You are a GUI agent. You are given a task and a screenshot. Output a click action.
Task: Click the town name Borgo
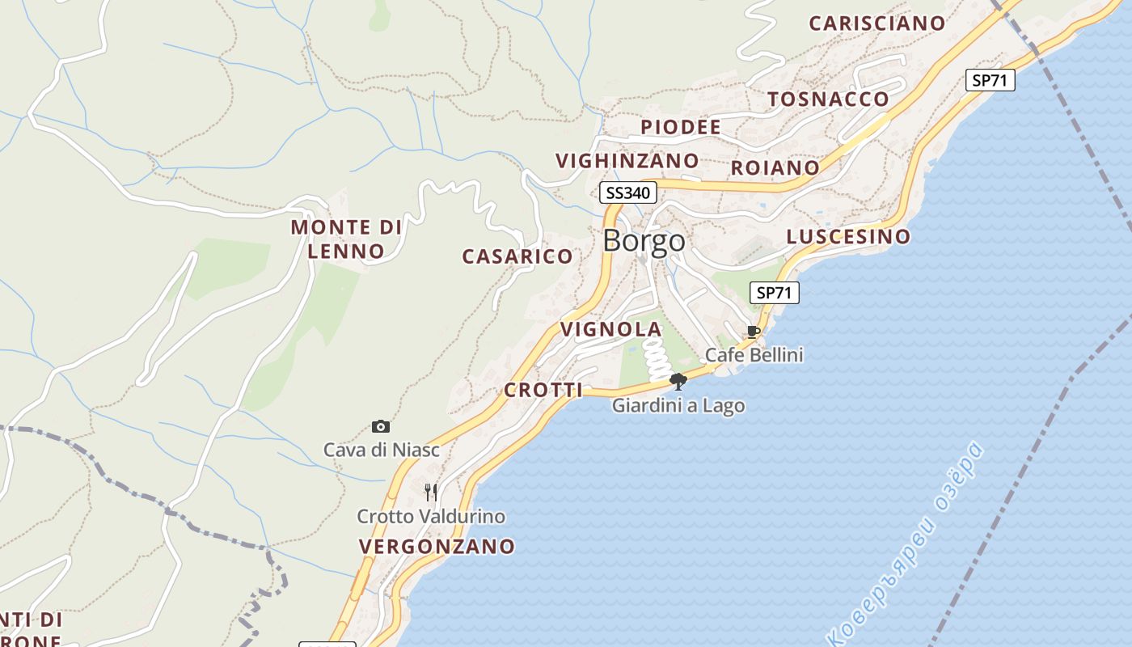[x=644, y=241]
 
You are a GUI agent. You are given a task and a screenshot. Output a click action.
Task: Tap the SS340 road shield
[x=628, y=192]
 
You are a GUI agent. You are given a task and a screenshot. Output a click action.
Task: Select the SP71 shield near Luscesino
[x=775, y=293]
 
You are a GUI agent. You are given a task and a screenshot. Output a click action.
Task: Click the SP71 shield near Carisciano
[x=990, y=80]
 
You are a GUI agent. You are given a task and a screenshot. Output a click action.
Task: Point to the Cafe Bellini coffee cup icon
[x=754, y=332]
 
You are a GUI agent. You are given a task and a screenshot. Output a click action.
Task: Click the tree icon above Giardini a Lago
[x=678, y=381]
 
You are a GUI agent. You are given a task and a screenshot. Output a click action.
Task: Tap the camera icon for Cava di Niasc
[x=381, y=426]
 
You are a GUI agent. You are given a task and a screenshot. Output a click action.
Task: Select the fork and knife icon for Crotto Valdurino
[x=431, y=492]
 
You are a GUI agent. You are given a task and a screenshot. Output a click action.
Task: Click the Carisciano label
[x=876, y=23]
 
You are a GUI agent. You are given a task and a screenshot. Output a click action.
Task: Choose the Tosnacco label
[x=828, y=99]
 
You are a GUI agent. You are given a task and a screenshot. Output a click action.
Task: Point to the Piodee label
[x=681, y=127]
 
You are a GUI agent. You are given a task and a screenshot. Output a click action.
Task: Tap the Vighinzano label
[x=627, y=160]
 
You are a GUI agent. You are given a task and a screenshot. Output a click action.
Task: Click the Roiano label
[x=775, y=167]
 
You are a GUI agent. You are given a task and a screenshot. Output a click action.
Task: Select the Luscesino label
[x=848, y=236]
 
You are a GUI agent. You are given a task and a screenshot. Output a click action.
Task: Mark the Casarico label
[x=517, y=256]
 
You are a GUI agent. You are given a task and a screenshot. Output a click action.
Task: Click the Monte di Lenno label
[x=346, y=239]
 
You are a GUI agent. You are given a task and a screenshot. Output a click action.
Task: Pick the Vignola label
[x=611, y=329]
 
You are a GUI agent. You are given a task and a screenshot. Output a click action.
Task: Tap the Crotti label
[x=543, y=390]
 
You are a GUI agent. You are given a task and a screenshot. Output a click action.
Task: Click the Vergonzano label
[x=437, y=546]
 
